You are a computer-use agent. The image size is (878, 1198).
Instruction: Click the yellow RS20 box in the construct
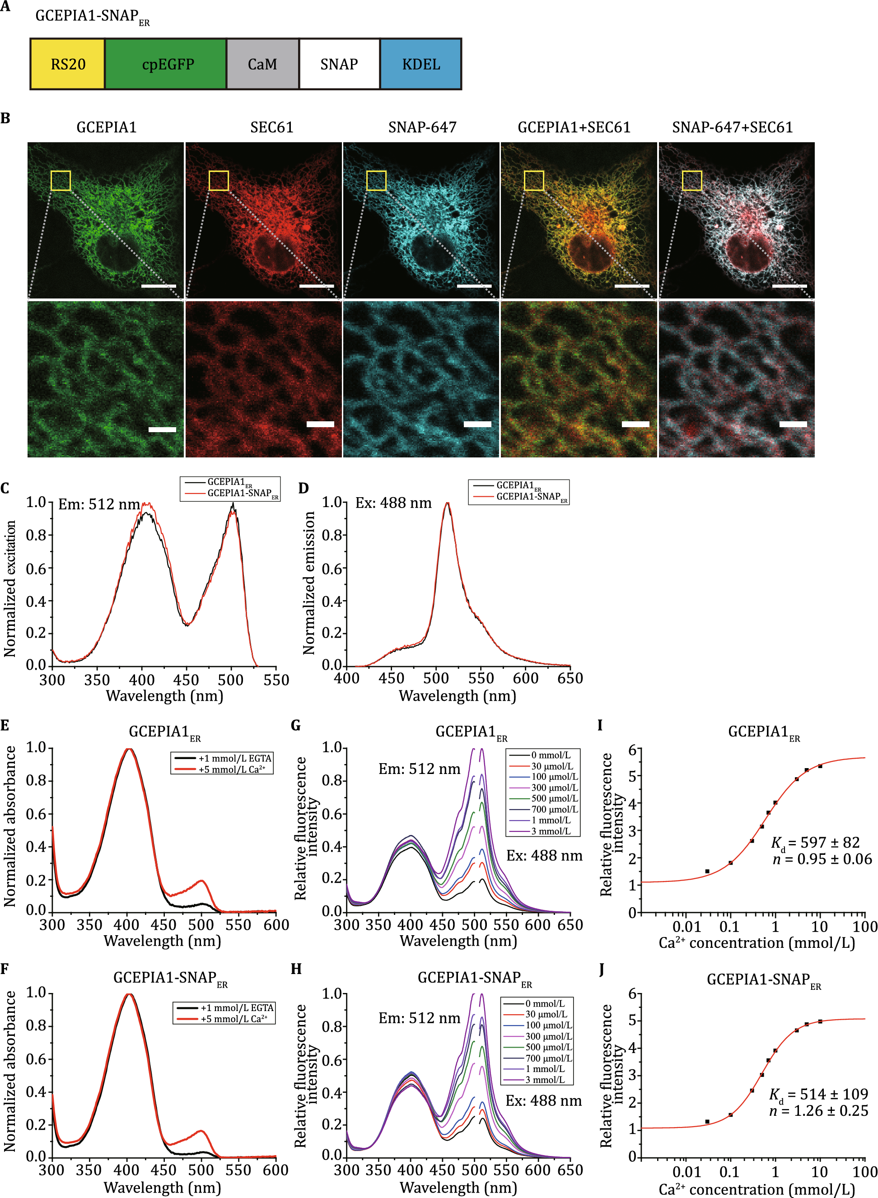pos(67,64)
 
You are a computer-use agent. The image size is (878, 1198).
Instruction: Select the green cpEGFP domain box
pos(166,64)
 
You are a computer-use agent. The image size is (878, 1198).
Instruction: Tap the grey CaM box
pos(262,64)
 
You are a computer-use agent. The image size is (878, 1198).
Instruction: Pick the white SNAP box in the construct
pos(339,64)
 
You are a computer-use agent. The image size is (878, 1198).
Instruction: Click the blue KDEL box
pos(421,64)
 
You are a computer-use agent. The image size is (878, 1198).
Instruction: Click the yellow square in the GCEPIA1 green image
pos(61,181)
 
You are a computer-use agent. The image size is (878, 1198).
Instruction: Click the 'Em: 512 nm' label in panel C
pos(99,504)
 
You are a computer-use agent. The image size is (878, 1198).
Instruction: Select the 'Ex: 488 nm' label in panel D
pos(393,503)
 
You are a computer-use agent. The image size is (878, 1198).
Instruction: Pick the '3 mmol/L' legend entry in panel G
pos(551,831)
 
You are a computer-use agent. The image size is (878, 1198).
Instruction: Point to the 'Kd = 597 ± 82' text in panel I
pos(815,843)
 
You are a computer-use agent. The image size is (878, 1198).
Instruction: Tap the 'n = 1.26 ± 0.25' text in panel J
pos(818,1110)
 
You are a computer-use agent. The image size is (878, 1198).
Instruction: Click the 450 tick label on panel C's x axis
pos(186,680)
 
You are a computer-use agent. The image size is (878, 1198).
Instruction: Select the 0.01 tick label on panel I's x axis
pos(686,927)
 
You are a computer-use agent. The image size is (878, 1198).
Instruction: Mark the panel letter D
pos(304,488)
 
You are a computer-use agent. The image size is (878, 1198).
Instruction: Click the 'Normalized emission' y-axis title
pos(309,583)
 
